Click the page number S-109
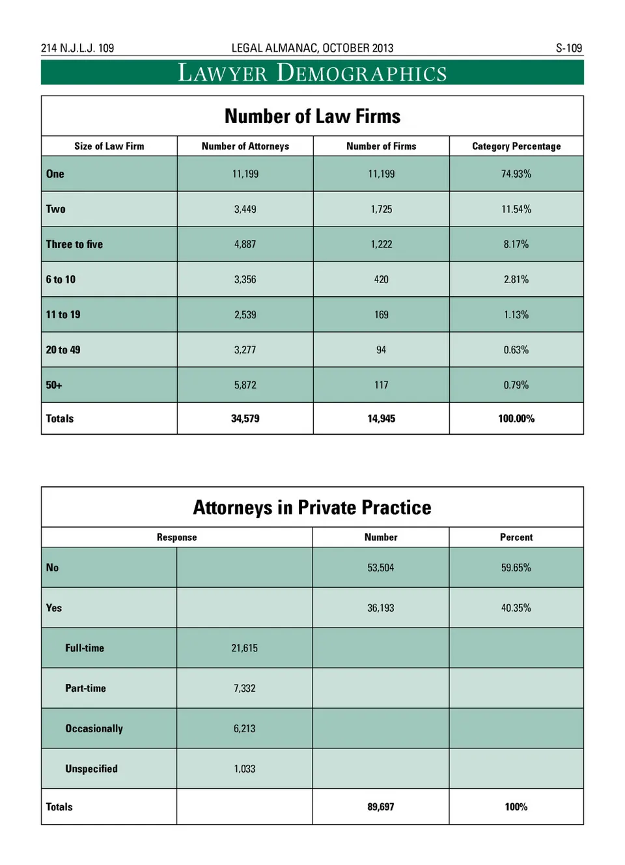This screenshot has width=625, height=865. pyautogui.click(x=568, y=48)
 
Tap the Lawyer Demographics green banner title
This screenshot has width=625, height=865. pyautogui.click(x=312, y=73)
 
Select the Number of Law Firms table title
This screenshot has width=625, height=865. pyautogui.click(x=312, y=117)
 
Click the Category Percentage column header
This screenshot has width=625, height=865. pyautogui.click(x=516, y=146)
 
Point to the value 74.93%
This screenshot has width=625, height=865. pyautogui.click(x=516, y=174)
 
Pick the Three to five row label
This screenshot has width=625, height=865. pyautogui.click(x=74, y=245)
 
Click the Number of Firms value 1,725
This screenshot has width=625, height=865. pyautogui.click(x=382, y=210)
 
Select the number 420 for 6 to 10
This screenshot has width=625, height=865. pyautogui.click(x=382, y=280)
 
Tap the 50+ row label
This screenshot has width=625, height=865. pyautogui.click(x=54, y=385)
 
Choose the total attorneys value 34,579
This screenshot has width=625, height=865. pyautogui.click(x=245, y=419)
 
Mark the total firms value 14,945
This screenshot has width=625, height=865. pyautogui.click(x=382, y=419)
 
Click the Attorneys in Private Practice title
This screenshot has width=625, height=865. pyautogui.click(x=312, y=508)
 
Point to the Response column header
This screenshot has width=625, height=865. pyautogui.click(x=176, y=538)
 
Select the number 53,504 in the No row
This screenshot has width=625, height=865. pyautogui.click(x=381, y=568)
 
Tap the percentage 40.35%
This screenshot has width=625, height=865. pyautogui.click(x=516, y=609)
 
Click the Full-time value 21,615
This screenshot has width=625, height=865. pyautogui.click(x=245, y=648)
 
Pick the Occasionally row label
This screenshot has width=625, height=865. pyautogui.click(x=94, y=729)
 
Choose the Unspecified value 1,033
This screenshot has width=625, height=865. pyautogui.click(x=245, y=769)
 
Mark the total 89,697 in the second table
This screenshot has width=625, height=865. pyautogui.click(x=381, y=807)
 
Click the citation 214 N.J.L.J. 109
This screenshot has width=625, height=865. pyautogui.click(x=77, y=48)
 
